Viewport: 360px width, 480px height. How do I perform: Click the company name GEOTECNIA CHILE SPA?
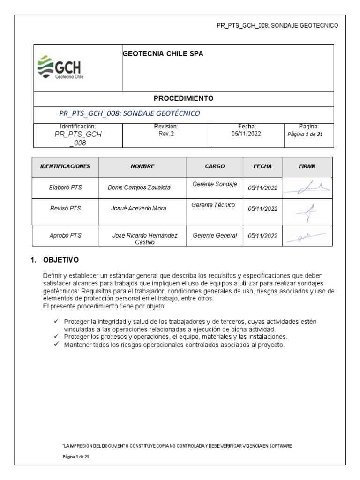pos(163,54)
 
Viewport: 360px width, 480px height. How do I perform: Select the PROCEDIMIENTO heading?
pos(183,98)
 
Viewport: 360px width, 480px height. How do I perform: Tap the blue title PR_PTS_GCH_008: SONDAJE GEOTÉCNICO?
pos(130,113)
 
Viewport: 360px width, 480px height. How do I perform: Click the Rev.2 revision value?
pos(166,133)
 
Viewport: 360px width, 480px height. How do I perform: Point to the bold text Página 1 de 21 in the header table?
pos(305,134)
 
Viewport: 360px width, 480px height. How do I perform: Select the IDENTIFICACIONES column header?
pos(65,166)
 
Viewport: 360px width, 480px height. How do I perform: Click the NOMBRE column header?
pos(142,166)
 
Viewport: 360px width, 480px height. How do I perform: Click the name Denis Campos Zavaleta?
pos(139,187)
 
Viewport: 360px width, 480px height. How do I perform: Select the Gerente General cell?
pos(215,235)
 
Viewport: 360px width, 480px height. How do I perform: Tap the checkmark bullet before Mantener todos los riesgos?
pos(56,345)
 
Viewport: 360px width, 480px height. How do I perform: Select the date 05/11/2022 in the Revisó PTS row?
pos(263,209)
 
